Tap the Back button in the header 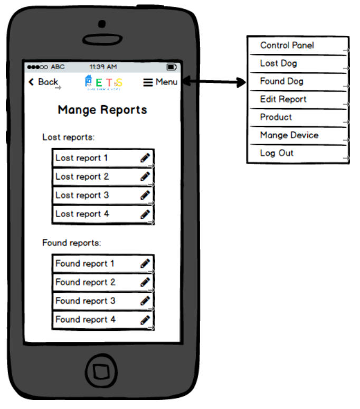43,82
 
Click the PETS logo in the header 103,82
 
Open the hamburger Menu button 160,82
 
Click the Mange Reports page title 102,110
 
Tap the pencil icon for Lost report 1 145,157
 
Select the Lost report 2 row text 82,176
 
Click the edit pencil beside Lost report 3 145,195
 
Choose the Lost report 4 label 82,214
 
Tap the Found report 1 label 85,264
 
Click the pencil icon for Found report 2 145,282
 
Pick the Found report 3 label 85,301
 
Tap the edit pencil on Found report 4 145,320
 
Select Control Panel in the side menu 287,45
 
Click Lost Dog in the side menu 279,63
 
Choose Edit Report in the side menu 283,99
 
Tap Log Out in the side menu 277,153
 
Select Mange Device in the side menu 289,135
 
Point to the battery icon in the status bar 172,67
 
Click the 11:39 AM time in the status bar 103,67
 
